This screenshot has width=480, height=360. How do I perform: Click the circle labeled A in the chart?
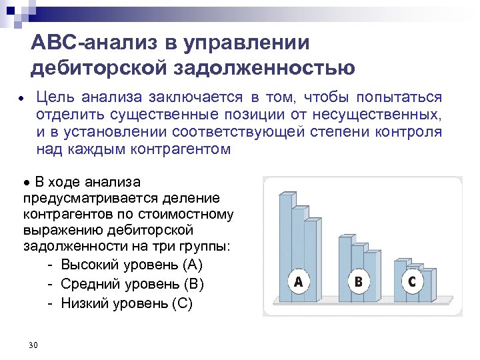298,282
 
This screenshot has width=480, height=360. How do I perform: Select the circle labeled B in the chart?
359,282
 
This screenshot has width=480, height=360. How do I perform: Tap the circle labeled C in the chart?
412,281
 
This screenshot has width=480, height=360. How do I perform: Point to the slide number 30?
33,345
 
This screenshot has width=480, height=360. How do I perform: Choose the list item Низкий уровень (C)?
127,303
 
